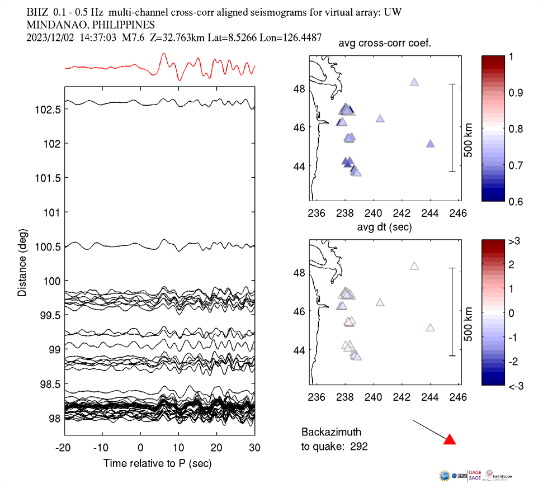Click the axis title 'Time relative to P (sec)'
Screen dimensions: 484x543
click(157, 464)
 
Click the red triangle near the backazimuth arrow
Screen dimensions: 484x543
click(449, 440)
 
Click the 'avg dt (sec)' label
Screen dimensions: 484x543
click(385, 227)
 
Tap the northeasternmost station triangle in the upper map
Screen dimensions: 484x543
click(414, 82)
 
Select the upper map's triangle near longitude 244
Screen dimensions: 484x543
click(431, 144)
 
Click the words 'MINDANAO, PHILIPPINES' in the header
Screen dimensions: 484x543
click(91, 25)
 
